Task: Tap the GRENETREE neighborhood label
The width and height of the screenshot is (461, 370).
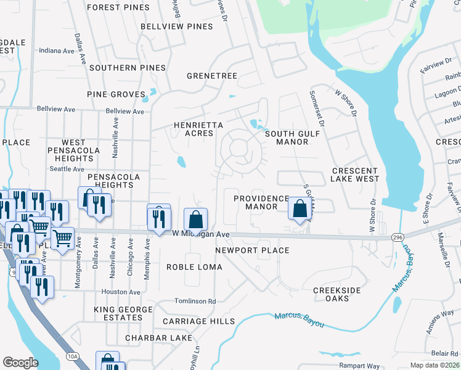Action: pos(212,76)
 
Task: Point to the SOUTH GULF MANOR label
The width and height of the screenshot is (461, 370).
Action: pos(287,138)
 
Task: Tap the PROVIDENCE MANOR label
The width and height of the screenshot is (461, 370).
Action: pos(261,202)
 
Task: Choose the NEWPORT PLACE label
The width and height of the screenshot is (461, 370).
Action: pos(252,250)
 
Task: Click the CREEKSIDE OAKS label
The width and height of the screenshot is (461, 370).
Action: pos(339,294)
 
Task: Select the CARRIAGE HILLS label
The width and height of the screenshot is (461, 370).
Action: pos(198,321)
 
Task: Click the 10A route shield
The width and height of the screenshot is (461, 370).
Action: pos(72,356)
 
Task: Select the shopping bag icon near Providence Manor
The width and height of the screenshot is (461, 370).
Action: pos(300,208)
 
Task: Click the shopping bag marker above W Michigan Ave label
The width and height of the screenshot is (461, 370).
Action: pos(195,219)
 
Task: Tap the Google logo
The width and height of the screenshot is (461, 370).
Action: pos(20,363)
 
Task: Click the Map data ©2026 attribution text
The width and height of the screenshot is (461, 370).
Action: pos(434,365)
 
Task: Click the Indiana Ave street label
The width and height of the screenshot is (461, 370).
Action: pos(57,51)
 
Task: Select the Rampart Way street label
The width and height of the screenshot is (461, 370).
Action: pos(359,366)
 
